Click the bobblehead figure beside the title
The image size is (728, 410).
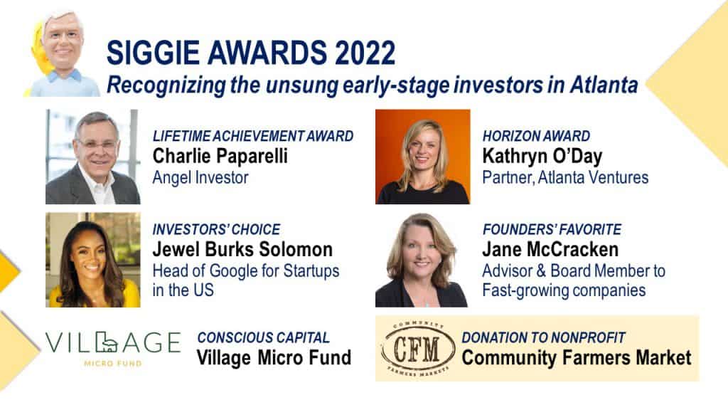click(x=62, y=53)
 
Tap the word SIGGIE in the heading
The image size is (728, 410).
click(x=154, y=53)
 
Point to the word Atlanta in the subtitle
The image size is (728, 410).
click(x=604, y=85)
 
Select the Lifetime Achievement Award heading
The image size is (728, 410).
click(x=253, y=136)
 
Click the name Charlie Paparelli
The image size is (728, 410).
click(x=220, y=156)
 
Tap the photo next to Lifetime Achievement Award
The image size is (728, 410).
click(x=93, y=157)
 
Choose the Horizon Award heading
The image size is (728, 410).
click(x=536, y=136)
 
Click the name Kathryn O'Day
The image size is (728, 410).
click(x=542, y=157)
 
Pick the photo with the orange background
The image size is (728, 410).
click(x=422, y=157)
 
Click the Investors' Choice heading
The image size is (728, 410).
click(x=216, y=230)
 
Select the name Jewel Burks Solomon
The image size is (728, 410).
click(x=242, y=250)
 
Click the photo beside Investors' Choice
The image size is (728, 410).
click(x=93, y=260)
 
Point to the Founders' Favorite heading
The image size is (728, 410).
click(x=552, y=230)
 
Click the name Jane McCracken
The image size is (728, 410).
click(x=550, y=250)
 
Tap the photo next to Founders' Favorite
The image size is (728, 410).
click(x=422, y=260)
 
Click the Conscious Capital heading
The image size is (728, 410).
click(x=263, y=337)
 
